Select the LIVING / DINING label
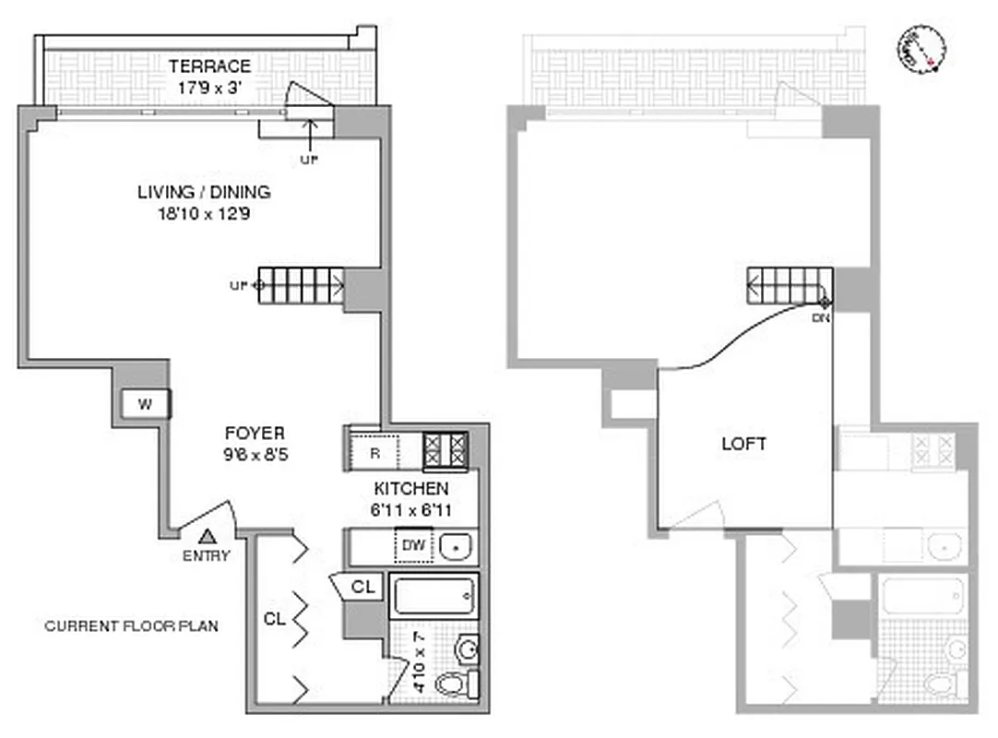point(204,193)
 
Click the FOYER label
point(255,433)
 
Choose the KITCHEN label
point(411,489)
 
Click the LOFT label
point(745,444)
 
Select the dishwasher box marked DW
point(412,546)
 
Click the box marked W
point(145,404)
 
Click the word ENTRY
point(208,555)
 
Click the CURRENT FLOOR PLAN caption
point(132,626)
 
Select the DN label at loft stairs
point(820,318)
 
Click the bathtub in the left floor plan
point(434,596)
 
